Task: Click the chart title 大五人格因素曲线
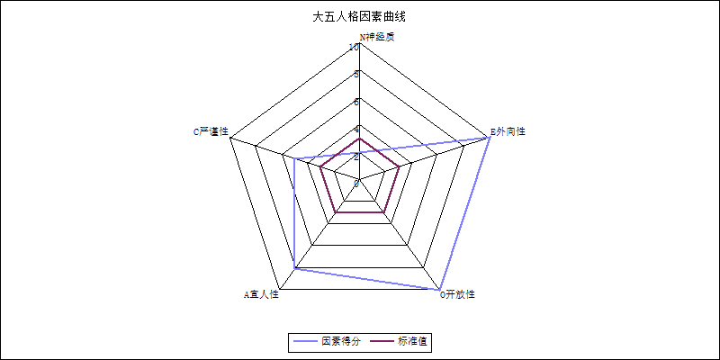pos(359,16)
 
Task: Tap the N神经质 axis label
pos(376,37)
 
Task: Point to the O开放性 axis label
pos(457,294)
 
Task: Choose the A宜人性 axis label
pos(262,294)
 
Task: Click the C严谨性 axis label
pos(211,131)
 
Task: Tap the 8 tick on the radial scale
pos(356,74)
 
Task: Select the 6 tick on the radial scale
pos(356,101)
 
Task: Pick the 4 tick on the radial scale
pos(356,129)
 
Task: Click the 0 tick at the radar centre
pos(356,183)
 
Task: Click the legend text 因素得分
pos(341,342)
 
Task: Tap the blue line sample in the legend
pos(306,342)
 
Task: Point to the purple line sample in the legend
pos(382,342)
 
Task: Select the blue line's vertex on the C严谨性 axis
pos(295,159)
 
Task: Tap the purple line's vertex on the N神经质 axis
pos(360,139)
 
